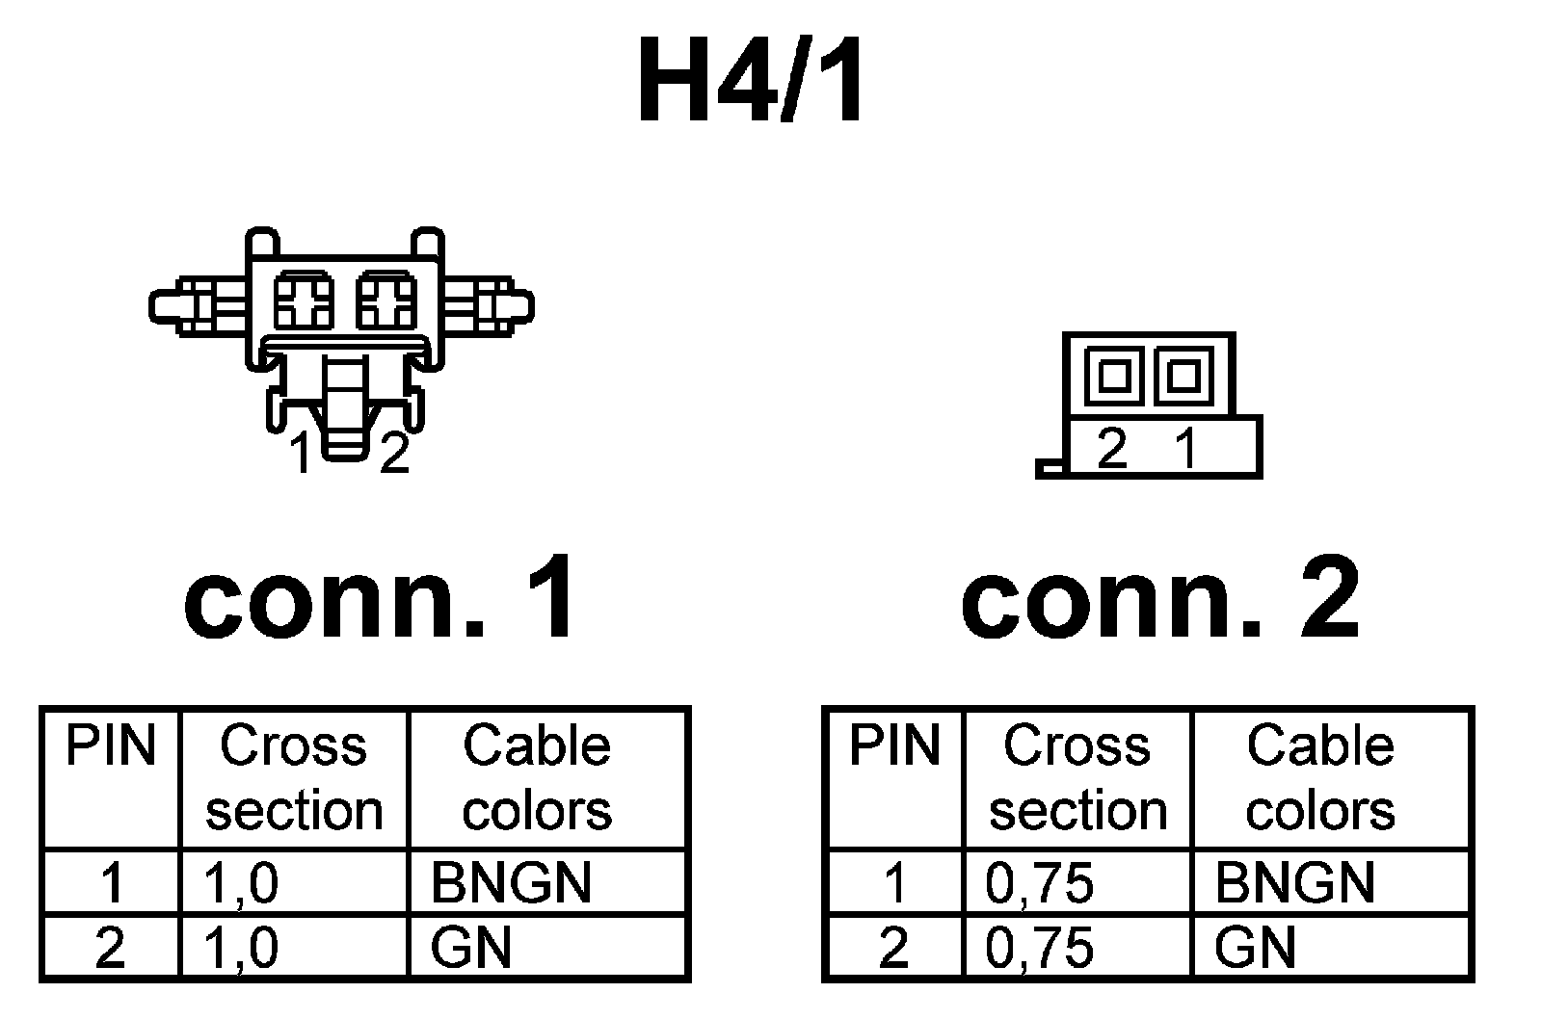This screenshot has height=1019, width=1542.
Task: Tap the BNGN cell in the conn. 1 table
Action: click(x=511, y=882)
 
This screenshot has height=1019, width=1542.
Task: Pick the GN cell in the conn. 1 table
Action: click(x=470, y=948)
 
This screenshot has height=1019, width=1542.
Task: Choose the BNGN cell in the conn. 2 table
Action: click(x=1294, y=882)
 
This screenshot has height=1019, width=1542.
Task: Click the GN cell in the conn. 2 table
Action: click(x=1255, y=948)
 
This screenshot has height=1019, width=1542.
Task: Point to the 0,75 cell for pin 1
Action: click(x=1040, y=882)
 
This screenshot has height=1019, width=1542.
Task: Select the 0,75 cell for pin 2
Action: click(x=1040, y=948)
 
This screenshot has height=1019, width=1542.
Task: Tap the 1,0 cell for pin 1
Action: click(x=242, y=882)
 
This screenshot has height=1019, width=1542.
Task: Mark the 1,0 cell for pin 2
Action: click(x=242, y=948)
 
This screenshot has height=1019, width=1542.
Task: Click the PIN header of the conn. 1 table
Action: click(x=110, y=747)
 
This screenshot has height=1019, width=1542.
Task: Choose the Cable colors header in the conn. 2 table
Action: click(x=1320, y=778)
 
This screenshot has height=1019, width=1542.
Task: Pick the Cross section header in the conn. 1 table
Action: click(x=294, y=778)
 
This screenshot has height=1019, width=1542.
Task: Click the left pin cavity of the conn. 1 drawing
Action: click(x=305, y=300)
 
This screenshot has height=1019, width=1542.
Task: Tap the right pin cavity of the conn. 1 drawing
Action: click(x=386, y=300)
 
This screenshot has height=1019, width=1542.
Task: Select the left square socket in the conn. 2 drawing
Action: click(x=1115, y=375)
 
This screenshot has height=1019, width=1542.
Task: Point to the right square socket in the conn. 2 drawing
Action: click(x=1183, y=375)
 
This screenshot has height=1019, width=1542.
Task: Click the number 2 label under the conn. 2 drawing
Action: click(x=1112, y=449)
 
